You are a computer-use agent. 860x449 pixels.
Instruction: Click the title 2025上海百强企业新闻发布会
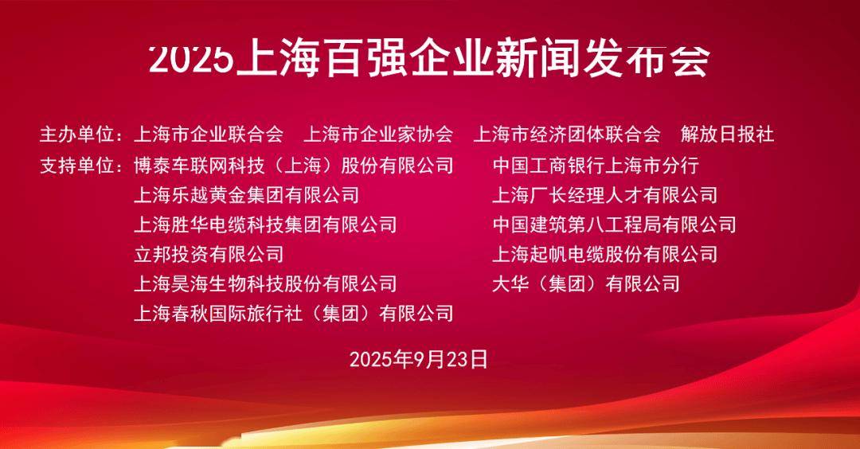(429, 59)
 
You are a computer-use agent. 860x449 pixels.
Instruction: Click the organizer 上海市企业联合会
(209, 135)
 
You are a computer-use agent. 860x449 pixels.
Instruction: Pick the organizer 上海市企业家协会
(378, 135)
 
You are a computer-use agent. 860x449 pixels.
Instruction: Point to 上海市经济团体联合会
(567, 135)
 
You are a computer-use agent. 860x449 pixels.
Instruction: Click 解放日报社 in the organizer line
(727, 135)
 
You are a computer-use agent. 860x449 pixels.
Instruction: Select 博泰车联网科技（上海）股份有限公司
(293, 166)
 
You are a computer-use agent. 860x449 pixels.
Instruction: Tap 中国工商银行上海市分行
(596, 166)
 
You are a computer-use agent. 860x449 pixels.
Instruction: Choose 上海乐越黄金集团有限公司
(246, 195)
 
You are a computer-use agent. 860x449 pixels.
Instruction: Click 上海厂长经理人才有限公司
(605, 195)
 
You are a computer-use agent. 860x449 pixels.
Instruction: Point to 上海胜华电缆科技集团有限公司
(265, 224)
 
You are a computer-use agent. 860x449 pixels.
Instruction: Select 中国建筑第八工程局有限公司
(614, 224)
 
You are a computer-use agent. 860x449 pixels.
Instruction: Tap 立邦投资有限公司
(209, 255)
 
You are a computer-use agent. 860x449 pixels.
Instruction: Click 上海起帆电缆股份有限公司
(605, 255)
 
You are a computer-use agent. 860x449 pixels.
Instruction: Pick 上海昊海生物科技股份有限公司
(265, 284)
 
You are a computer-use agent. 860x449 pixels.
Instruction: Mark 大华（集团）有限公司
(586, 284)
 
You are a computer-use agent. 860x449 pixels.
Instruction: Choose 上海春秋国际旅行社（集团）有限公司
(293, 314)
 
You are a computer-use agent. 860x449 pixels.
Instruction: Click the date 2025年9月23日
(419, 360)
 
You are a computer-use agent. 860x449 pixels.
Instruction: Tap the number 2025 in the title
(191, 59)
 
